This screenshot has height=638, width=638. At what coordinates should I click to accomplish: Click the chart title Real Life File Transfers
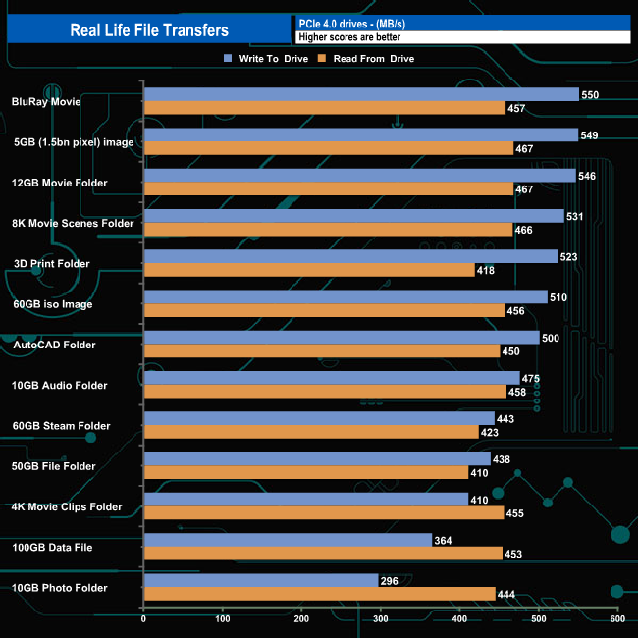click(149, 29)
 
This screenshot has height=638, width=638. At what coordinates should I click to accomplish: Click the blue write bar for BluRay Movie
click(360, 94)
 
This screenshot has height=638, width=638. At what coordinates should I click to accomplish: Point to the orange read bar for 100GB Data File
click(323, 553)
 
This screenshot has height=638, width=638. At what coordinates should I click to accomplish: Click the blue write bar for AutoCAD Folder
click(341, 338)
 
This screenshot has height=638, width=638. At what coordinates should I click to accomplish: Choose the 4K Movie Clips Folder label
click(67, 507)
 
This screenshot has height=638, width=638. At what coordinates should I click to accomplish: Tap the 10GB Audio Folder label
click(60, 386)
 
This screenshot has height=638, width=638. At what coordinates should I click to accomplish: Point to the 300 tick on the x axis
click(381, 619)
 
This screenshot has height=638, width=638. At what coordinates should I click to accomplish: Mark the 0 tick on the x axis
click(144, 619)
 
